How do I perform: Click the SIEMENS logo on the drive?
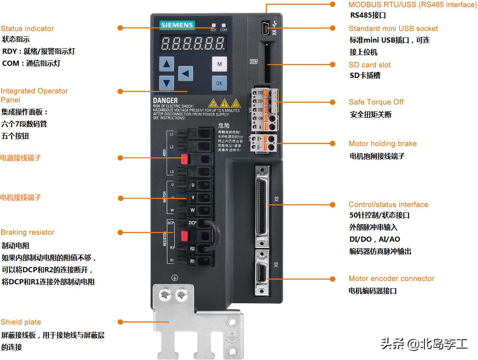click(177, 25)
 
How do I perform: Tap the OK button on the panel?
click(219, 83)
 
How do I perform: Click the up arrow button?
click(167, 65)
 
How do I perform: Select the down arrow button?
click(167, 83)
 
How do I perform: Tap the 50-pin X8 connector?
click(261, 205)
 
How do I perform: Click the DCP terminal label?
click(192, 223)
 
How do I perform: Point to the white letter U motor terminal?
click(193, 185)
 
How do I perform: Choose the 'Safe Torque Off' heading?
click(376, 102)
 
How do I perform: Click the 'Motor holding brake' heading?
click(382, 144)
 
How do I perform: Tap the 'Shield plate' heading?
click(21, 322)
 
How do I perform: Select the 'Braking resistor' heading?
click(28, 232)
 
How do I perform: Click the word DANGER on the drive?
click(165, 101)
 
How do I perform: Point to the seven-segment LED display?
click(193, 43)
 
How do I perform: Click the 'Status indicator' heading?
click(27, 29)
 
